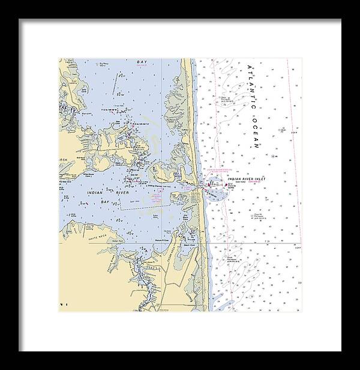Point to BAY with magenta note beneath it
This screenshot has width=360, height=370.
coord(142,62)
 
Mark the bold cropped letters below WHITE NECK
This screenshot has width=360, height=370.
coord(62,305)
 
